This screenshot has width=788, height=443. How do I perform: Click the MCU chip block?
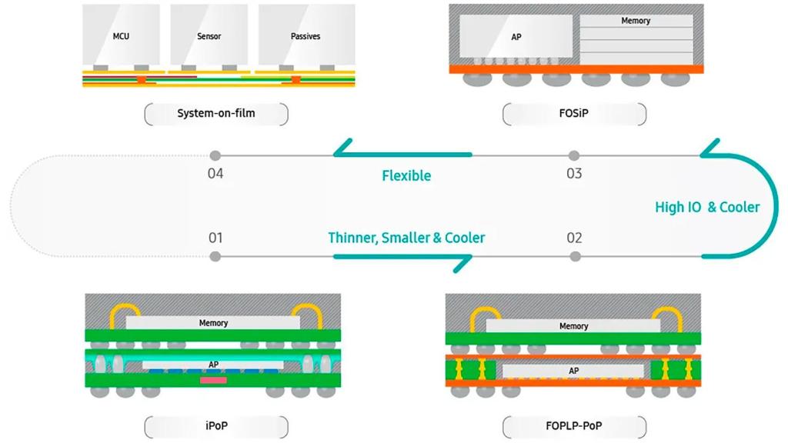pos(121,35)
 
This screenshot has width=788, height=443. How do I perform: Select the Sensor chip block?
pos(209,35)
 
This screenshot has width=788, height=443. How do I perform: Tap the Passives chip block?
pos(306,35)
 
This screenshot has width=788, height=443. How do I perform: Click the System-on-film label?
pos(215,114)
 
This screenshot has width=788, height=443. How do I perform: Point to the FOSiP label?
pos(573,114)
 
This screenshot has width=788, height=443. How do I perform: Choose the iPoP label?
pos(215,426)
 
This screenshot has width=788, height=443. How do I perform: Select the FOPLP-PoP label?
pos(573,426)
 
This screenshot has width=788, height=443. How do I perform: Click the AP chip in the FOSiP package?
pos(516,36)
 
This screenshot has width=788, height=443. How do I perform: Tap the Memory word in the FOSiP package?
pos(636,21)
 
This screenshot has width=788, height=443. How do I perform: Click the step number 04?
pos(215,173)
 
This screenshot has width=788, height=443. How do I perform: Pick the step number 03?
pos(574,173)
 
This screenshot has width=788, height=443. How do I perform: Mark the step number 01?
pos(215,238)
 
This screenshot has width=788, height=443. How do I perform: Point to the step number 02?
pos(574,238)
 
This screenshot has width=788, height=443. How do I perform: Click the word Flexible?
pos(406,175)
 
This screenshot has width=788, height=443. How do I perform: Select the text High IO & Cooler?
pos(707,207)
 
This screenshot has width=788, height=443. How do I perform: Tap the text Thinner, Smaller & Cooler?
pos(406,238)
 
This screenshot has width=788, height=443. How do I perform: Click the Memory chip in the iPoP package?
pos(213,323)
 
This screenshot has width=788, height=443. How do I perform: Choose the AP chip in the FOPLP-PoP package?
pos(573,371)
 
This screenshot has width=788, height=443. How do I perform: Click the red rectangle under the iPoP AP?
pos(213,380)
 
